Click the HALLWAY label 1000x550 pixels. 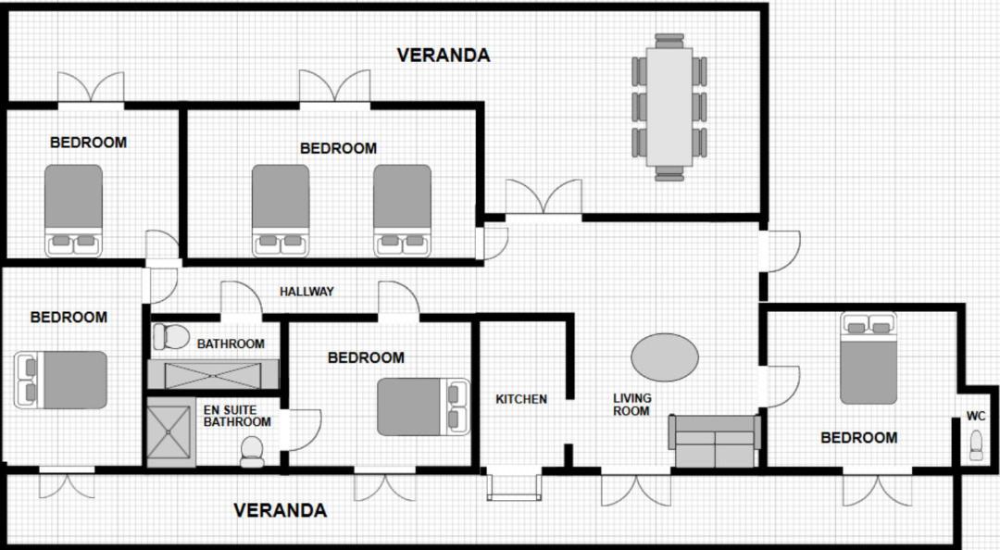(x=306, y=292)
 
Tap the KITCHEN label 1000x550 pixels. (x=521, y=399)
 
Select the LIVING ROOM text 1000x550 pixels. (x=632, y=405)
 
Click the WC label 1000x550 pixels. (x=976, y=416)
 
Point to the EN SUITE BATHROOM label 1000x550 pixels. (x=237, y=416)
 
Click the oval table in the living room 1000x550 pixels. (x=665, y=357)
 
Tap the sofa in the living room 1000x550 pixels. (x=714, y=441)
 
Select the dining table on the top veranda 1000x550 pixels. (x=669, y=107)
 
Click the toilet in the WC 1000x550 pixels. (x=976, y=445)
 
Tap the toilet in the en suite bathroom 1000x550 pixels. (x=252, y=452)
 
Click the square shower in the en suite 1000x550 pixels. (x=169, y=432)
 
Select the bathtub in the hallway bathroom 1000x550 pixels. (x=213, y=374)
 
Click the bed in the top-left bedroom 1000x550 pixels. (x=73, y=210)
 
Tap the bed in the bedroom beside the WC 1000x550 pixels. (x=868, y=358)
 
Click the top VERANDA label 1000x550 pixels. (x=444, y=56)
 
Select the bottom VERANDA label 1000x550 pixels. (x=280, y=510)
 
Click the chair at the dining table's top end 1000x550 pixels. (x=669, y=41)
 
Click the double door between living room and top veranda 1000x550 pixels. (x=544, y=198)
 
